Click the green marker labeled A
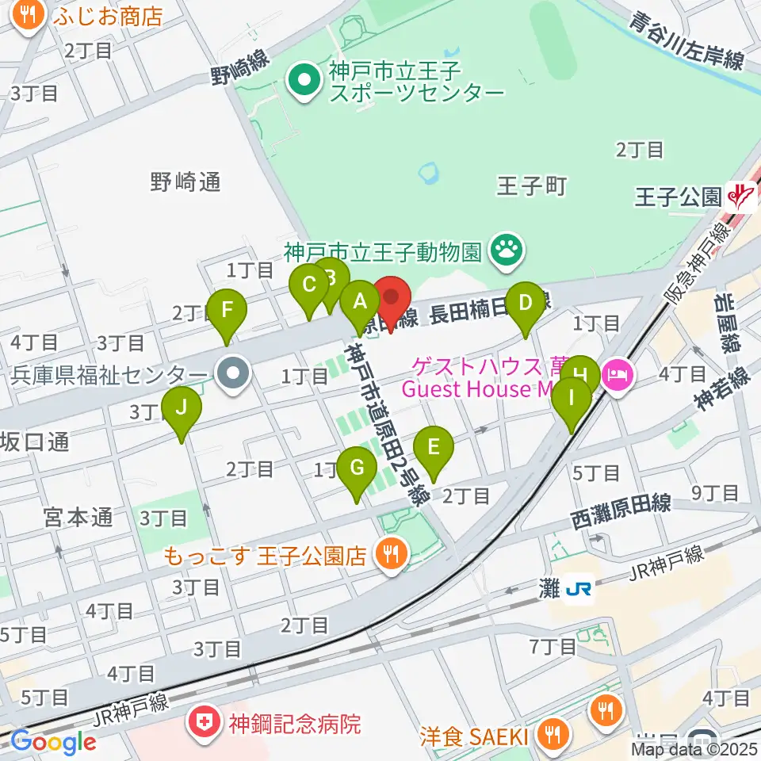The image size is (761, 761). [359, 302]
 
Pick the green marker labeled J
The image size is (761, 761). [182, 408]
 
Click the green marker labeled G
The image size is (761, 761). [357, 469]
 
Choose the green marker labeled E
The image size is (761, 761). [433, 448]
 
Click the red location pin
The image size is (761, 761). [391, 297]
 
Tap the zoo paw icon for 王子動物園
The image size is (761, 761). [505, 251]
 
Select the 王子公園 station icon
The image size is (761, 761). [742, 195]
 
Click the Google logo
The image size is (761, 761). [53, 742]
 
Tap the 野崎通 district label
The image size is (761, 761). [185, 183]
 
